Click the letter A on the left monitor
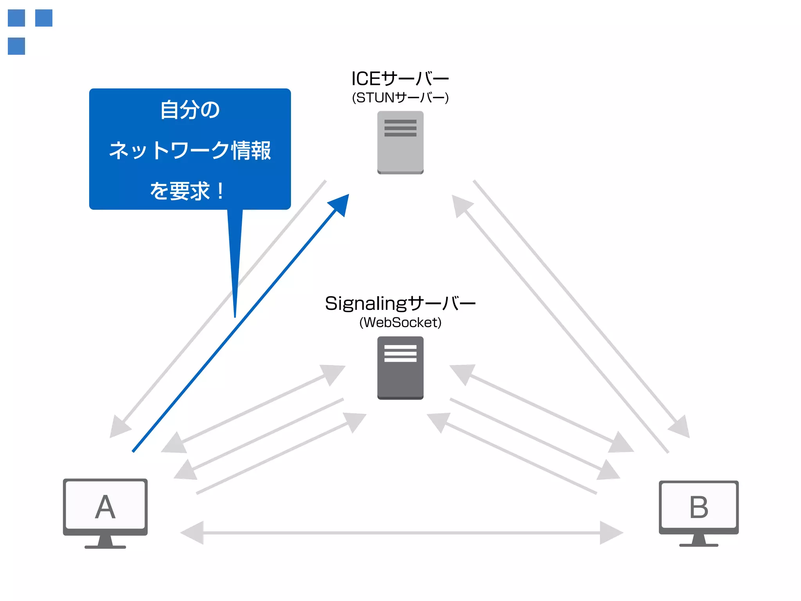coord(105,507)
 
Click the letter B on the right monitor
coord(699,507)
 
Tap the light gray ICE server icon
coord(400,142)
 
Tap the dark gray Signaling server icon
coord(400,368)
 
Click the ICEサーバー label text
coord(400,79)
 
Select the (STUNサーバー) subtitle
coord(400,97)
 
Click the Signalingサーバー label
coord(400,303)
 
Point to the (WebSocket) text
coord(400,322)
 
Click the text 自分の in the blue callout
coord(190,110)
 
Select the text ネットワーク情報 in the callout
coord(190,150)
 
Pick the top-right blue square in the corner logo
coord(44,18)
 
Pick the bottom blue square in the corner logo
coord(16,46)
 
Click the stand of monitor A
coord(105,542)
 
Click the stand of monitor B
coord(699,540)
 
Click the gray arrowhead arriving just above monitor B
coord(681,427)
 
